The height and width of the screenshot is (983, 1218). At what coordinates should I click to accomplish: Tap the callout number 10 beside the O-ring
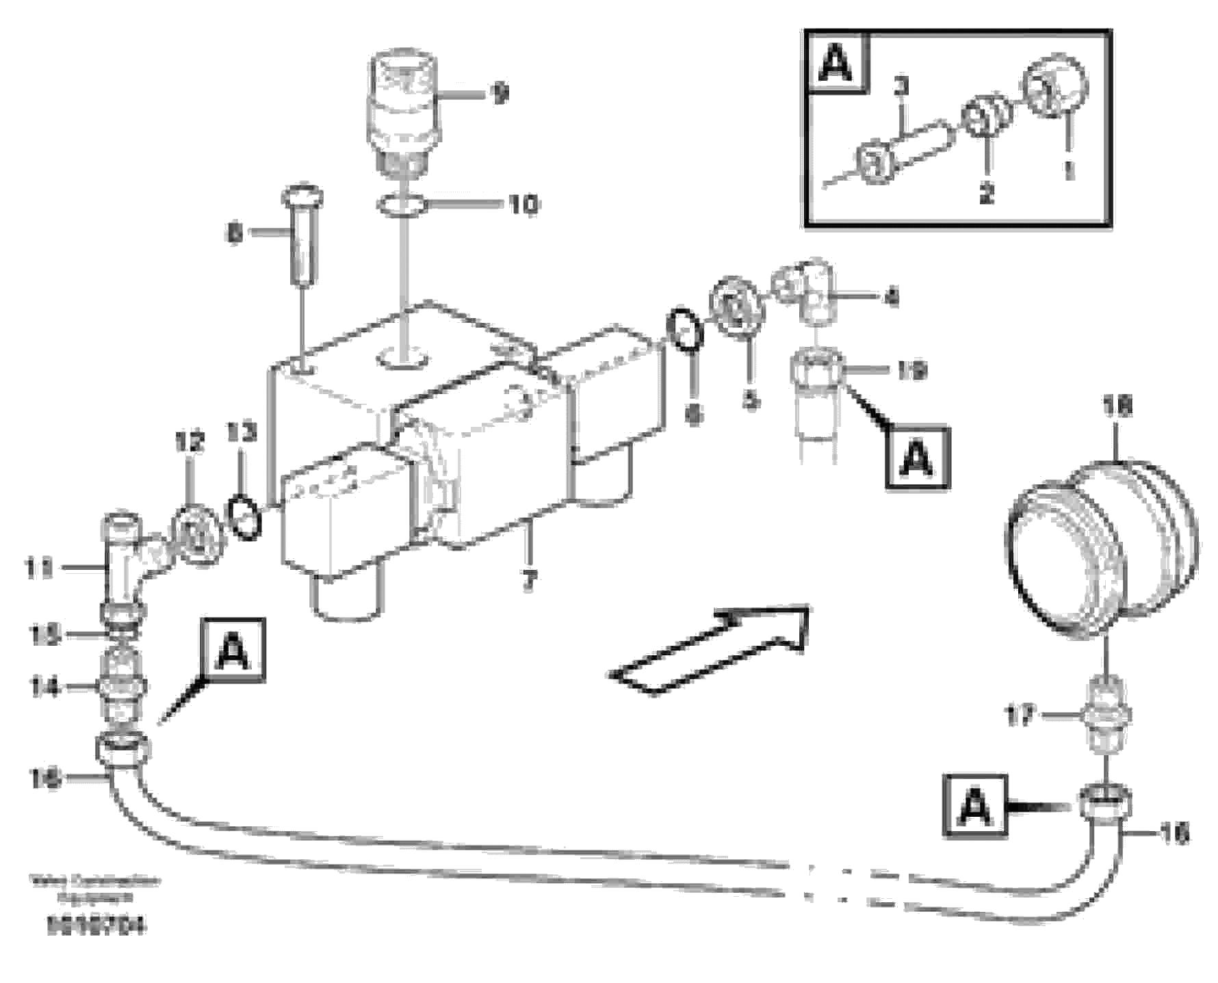click(x=523, y=204)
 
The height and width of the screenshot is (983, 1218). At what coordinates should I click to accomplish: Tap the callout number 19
click(x=911, y=370)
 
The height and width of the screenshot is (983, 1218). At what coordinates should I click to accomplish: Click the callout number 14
click(x=44, y=687)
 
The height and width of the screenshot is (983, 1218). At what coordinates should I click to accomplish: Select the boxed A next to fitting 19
click(x=917, y=458)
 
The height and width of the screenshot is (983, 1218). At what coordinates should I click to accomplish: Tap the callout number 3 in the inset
click(x=902, y=88)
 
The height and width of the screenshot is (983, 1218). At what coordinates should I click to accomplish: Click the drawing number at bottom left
click(x=95, y=927)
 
